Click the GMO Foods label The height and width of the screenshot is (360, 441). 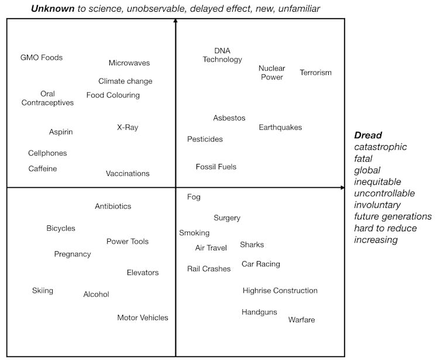pos(42,57)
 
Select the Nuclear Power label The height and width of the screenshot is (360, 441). pos(271,73)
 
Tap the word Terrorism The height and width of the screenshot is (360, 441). pos(316,73)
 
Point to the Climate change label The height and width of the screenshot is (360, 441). pos(125,81)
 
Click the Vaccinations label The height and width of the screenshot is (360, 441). pos(128,173)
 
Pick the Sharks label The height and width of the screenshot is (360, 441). pos(252,245)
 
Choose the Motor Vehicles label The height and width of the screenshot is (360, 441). pos(143,318)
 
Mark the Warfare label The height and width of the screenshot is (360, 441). pos(302,320)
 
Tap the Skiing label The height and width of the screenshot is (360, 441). pos(43,291)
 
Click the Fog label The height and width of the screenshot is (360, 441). pos(194,197)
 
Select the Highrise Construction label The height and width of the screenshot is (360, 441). pos(280,290)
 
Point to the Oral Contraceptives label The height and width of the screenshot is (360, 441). pos(48,98)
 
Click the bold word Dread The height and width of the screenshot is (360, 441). pos(368,135)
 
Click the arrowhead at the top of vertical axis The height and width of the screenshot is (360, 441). pos(175,21)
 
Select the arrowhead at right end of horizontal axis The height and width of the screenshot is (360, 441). pos(342,187)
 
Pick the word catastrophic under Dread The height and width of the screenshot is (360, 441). pos(381,147)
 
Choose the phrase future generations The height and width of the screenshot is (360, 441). pos(393,217)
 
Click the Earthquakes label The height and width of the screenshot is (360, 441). pos(281,127)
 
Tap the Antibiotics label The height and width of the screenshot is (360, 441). pos(113,206)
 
